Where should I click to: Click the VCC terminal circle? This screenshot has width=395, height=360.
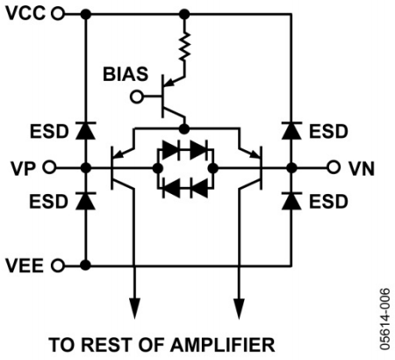[x=58, y=13]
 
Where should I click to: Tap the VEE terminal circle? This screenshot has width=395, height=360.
[x=58, y=266]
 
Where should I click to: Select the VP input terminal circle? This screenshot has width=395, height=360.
[x=49, y=168]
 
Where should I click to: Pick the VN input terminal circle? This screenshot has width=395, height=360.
[x=334, y=168]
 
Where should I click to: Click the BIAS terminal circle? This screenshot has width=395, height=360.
[x=136, y=97]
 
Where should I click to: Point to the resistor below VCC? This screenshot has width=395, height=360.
[x=184, y=47]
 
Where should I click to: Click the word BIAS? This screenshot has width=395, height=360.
[x=126, y=75]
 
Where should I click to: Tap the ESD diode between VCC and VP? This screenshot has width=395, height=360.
[x=85, y=131]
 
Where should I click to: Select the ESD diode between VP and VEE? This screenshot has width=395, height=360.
[x=85, y=201]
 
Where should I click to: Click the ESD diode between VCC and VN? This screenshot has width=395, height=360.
[x=291, y=131]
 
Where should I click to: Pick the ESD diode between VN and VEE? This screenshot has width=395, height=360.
[x=291, y=201]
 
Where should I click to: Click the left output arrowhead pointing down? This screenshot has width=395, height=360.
[x=134, y=308]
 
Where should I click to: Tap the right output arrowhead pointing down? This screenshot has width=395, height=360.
[x=240, y=308]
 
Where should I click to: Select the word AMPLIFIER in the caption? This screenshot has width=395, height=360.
[x=223, y=344]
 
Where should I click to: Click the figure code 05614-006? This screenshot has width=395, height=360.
[x=385, y=319]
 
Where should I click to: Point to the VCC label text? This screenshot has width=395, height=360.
[x=25, y=13]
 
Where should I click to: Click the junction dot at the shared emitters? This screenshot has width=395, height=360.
[x=184, y=129]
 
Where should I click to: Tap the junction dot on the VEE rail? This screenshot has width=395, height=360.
[x=85, y=265]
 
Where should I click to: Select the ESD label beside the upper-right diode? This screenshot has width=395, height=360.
[x=328, y=132]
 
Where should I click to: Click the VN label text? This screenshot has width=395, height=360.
[x=362, y=169]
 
